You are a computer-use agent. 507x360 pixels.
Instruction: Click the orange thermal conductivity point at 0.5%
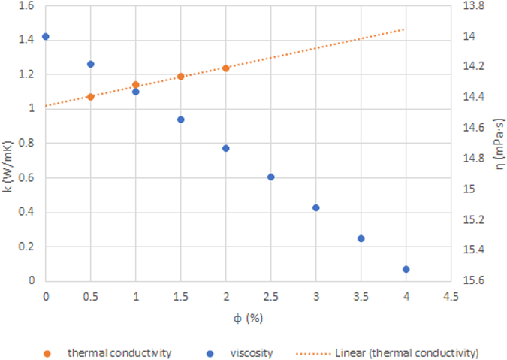coord(90,97)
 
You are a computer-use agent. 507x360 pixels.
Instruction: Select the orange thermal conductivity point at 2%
coord(225,68)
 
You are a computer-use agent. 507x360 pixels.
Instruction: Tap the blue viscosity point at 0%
coord(46,36)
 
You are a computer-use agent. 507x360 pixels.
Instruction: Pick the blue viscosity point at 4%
coord(406,269)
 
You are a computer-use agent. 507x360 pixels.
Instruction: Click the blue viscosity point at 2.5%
coord(270,177)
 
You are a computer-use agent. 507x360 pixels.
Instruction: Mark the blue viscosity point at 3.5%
coord(361,238)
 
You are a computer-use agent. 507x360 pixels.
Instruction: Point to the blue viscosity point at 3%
coord(315,207)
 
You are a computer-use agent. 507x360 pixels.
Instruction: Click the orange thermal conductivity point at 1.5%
coord(180,77)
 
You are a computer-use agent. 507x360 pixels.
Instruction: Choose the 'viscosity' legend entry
coord(251,351)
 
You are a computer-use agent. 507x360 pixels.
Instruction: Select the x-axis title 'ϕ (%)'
coord(247,318)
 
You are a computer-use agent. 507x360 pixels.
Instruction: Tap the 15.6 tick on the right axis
coord(477,281)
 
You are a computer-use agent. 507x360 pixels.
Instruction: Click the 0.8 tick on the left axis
coord(26,144)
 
